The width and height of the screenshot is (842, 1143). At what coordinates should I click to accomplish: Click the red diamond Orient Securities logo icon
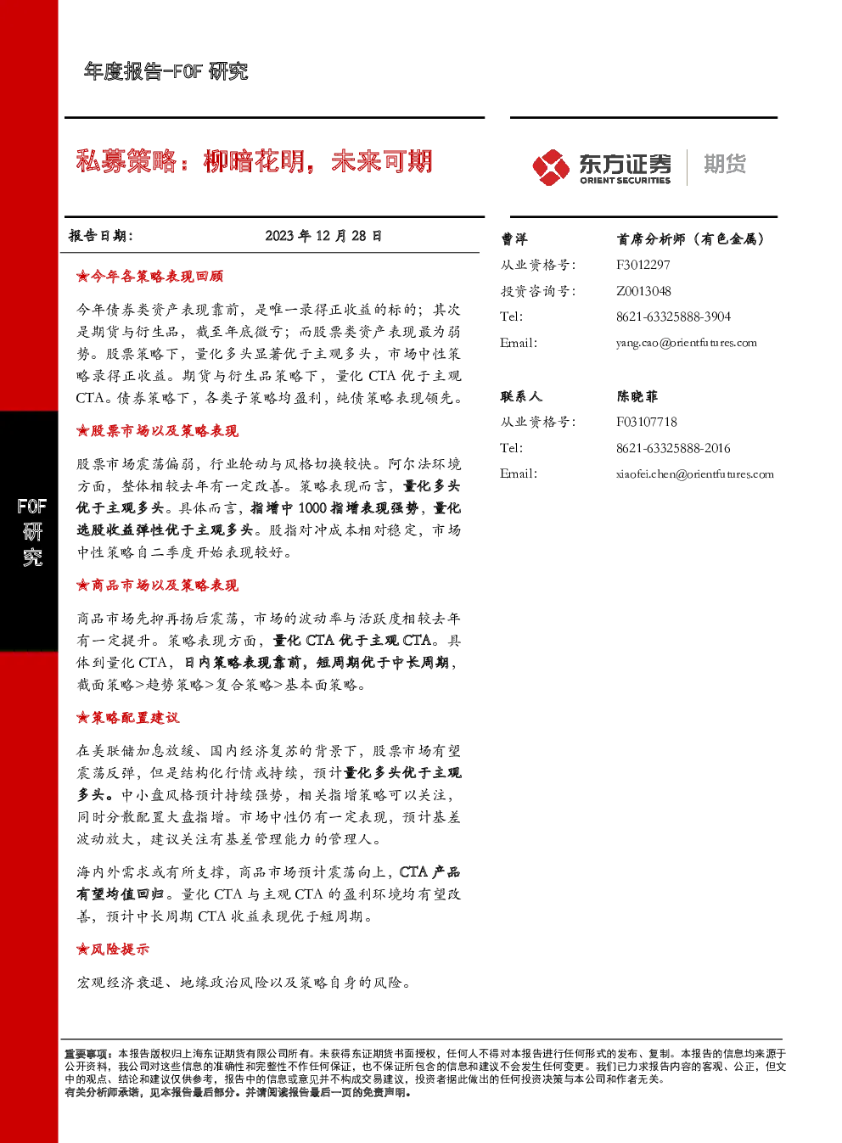tap(551, 167)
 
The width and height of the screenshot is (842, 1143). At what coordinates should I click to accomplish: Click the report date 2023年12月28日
tap(323, 236)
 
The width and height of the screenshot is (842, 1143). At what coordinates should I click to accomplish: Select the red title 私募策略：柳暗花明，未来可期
tap(254, 160)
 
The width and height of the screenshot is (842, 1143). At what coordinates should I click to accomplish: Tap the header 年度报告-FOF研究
tap(166, 71)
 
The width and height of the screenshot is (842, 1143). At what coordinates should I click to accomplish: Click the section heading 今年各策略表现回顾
tap(149, 277)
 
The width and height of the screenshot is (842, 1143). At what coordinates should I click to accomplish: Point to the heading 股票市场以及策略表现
tap(157, 431)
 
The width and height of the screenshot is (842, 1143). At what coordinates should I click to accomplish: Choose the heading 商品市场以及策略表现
tap(157, 586)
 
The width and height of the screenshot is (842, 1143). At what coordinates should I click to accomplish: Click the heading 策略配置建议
tap(127, 718)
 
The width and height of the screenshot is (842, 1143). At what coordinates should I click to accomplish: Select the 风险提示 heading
tap(113, 949)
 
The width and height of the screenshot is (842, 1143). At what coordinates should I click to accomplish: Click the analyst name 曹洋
tap(514, 238)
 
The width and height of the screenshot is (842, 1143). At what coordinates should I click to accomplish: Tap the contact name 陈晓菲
tap(637, 396)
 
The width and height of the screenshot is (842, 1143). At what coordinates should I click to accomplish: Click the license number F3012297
tap(643, 265)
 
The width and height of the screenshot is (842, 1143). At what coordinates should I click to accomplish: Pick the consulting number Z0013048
tap(643, 291)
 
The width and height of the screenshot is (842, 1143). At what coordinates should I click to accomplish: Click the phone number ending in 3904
tap(673, 317)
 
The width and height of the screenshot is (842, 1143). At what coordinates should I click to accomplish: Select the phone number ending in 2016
tap(673, 449)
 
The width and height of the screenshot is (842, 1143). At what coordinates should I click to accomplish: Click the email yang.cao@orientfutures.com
tap(687, 343)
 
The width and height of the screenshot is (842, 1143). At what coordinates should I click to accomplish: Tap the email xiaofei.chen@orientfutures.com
tap(695, 474)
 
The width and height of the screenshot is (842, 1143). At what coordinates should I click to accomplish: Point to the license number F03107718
tap(647, 422)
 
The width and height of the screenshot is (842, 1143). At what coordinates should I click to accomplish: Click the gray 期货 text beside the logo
tap(725, 165)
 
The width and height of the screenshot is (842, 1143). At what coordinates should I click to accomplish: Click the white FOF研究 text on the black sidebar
tap(31, 532)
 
